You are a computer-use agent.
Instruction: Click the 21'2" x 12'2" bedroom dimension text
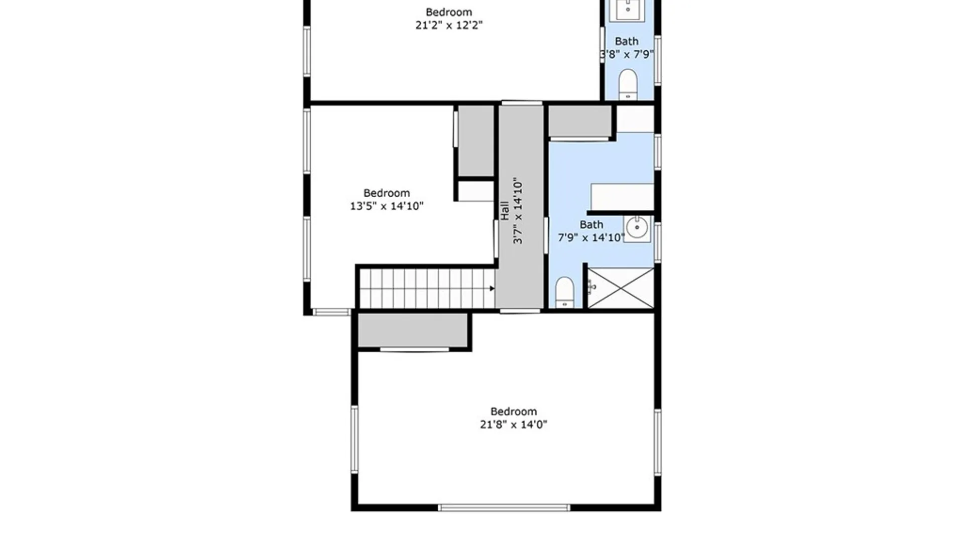[x=449, y=25]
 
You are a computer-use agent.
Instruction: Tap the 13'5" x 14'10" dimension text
[x=387, y=206]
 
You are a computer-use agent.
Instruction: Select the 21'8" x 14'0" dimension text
[x=514, y=425]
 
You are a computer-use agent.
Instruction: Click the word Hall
[x=505, y=210]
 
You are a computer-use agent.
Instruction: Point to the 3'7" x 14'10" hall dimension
[x=518, y=210]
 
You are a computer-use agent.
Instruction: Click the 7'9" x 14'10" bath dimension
[x=591, y=237]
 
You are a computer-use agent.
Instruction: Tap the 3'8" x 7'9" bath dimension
[x=627, y=54]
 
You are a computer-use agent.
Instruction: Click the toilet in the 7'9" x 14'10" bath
[x=565, y=292]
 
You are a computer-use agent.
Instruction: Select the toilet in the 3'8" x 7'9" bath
[x=628, y=84]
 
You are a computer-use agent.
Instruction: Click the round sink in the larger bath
[x=637, y=228]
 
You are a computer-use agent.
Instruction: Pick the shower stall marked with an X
[x=621, y=288]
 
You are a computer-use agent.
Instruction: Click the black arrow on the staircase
[x=492, y=288]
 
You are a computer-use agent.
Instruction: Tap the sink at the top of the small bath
[x=628, y=10]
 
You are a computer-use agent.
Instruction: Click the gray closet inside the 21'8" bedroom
[x=413, y=330]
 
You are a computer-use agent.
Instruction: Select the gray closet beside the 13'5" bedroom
[x=476, y=141]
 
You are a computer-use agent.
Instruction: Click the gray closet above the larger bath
[x=580, y=120]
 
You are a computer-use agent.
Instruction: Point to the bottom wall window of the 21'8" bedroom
[x=504, y=508]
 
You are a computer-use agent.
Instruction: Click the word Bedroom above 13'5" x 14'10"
[x=387, y=193]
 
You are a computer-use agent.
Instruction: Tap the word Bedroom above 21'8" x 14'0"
[x=514, y=412]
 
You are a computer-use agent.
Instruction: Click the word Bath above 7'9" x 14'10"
[x=591, y=224]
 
